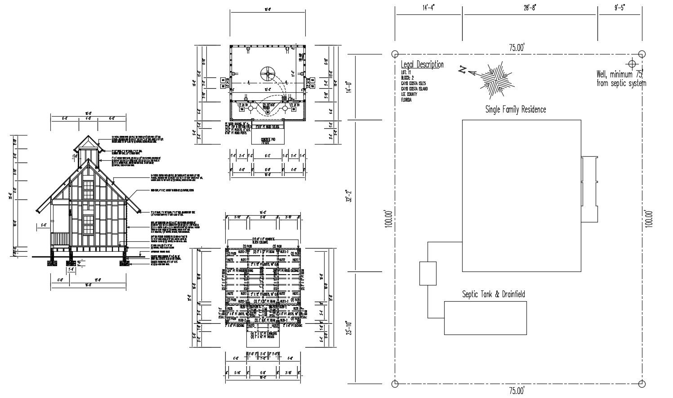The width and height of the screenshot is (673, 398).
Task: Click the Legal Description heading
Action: click(x=422, y=64)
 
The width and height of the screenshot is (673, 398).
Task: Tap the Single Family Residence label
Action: click(x=515, y=109)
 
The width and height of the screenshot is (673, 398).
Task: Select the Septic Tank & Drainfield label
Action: click(x=493, y=294)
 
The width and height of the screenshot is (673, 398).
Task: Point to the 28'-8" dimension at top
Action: click(x=530, y=7)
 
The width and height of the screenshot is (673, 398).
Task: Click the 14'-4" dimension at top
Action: click(x=429, y=7)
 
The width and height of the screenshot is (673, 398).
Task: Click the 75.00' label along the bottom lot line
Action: click(x=517, y=391)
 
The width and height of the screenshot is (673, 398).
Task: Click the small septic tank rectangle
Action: click(x=428, y=274)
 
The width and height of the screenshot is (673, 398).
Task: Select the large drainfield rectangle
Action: click(x=485, y=318)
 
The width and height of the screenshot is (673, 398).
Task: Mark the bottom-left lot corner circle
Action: click(x=395, y=384)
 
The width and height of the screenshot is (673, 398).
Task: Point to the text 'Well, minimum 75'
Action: click(x=620, y=74)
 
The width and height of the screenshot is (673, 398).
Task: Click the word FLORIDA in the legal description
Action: click(x=406, y=100)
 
